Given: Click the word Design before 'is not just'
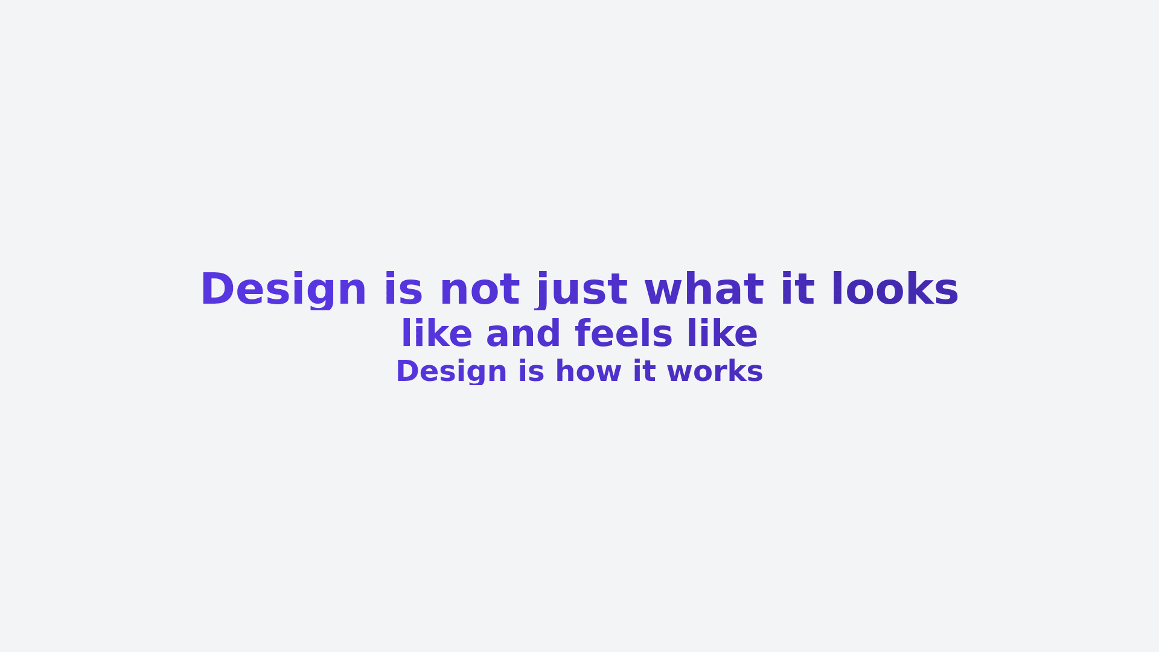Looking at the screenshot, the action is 284,290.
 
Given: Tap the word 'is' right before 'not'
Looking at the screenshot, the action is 403,289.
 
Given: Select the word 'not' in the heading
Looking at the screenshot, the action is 480,290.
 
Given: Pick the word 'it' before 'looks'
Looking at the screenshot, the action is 798,289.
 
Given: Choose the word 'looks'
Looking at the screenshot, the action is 895,289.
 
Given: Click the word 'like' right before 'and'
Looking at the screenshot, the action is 436,333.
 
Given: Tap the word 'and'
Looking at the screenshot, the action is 523,333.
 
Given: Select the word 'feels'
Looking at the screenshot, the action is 624,333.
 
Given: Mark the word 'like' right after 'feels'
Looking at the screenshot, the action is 722,333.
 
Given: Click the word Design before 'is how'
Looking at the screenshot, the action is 452,371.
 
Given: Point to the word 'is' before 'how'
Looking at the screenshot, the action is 531,371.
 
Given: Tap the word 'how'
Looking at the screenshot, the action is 589,371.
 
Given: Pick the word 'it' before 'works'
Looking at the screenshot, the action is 644,371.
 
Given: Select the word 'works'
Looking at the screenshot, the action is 715,371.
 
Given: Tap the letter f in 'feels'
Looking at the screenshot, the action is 583,333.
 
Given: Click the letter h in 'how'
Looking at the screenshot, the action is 564,371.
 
